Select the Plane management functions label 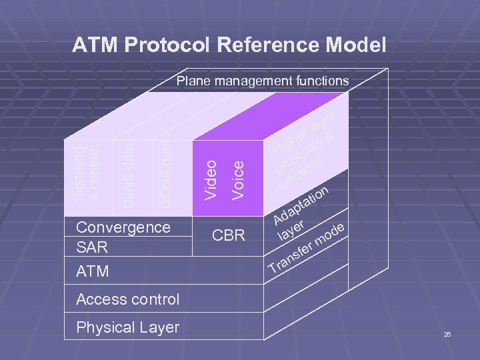[262, 81]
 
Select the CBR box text [229, 235]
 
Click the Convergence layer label [123, 227]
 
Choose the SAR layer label [92, 247]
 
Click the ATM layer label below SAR [93, 272]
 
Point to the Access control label [128, 299]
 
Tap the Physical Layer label [128, 327]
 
